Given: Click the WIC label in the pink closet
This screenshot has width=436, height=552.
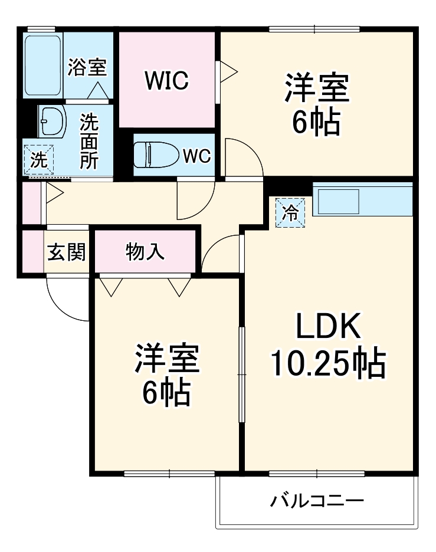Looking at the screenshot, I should point(168,80).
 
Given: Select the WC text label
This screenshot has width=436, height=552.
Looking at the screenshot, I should point(196,156).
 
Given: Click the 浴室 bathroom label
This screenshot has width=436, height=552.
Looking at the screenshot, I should point(87,67).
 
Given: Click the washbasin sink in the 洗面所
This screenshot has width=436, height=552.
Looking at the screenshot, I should point(50,121).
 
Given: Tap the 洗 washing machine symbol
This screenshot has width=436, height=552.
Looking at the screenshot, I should point(38,160).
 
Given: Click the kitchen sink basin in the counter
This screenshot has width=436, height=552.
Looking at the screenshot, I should point(339,202).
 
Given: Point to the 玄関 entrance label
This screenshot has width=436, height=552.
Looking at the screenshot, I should point(67,252).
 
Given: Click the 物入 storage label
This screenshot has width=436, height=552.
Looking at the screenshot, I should point(145,252).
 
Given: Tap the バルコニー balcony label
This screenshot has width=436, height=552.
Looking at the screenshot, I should point(317,502).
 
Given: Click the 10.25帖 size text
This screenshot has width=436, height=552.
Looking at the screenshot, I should point(327,363).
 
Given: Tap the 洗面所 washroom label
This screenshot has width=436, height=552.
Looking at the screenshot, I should point(89,141).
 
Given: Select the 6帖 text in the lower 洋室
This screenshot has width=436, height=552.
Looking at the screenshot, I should point(166,392).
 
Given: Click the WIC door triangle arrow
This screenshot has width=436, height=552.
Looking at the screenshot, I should point(228,71).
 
